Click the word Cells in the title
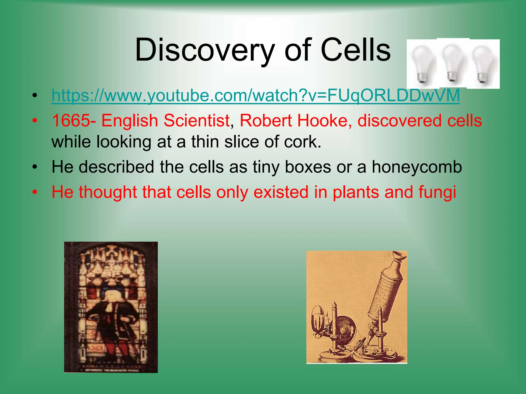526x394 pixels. point(356,50)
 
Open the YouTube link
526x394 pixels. point(256,95)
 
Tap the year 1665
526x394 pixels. point(71,121)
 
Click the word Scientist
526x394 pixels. point(196,121)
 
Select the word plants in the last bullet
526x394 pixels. point(356,192)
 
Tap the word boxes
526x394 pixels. point(308,167)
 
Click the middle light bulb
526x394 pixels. point(453,63)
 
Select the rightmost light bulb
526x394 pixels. point(483,64)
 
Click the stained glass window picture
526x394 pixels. point(111,307)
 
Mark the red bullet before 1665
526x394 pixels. point(35,121)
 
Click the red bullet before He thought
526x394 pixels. point(35,192)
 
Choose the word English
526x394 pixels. point(129,121)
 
